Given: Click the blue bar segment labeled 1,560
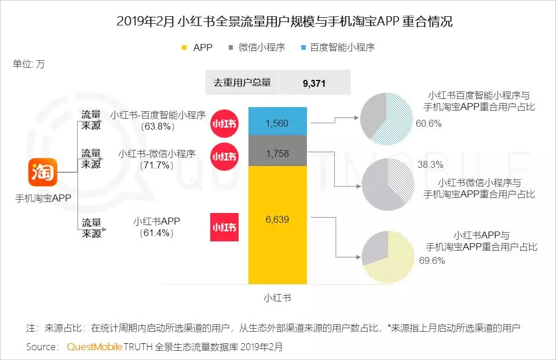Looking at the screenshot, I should click(277, 123).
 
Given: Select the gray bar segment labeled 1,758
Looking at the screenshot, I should click(277, 153).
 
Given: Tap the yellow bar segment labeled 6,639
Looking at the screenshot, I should click(277, 226).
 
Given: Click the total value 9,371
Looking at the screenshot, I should click(314, 83).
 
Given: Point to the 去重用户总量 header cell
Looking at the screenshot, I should click(242, 83).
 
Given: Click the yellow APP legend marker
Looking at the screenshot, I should click(185, 47).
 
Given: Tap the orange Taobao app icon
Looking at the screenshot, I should click(42, 172).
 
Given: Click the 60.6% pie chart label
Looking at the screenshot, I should click(429, 123).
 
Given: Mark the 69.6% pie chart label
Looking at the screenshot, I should click(431, 260).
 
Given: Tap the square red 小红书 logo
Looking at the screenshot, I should click(224, 227).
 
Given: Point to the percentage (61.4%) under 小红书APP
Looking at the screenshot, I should click(156, 233).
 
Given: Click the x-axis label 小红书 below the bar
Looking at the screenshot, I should click(277, 297).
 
